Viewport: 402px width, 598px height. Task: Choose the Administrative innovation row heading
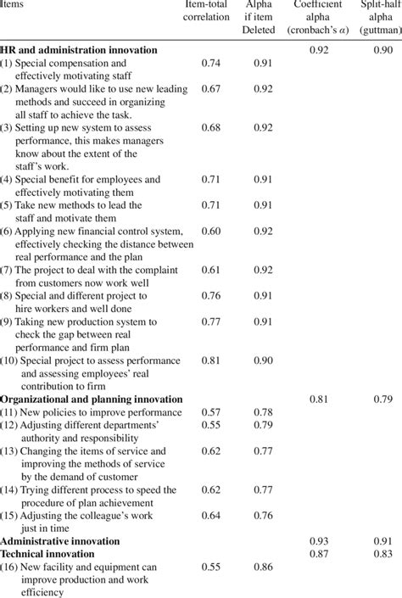tap(60, 539)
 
